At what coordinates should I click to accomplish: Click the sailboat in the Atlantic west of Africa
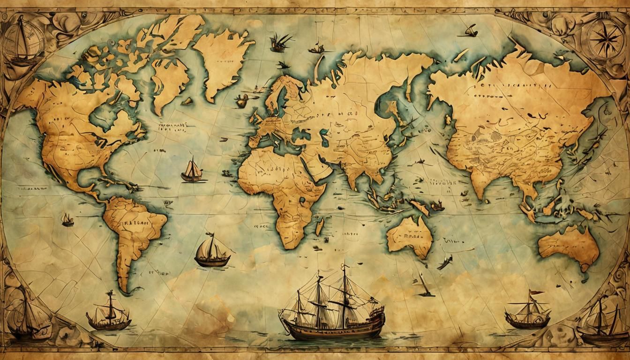tap(192, 171)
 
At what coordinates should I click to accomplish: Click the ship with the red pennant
tap(527, 312)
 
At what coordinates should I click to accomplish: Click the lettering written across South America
tap(133, 224)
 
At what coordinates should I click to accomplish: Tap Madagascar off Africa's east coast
tap(319, 227)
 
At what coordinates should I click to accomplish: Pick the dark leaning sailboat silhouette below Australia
tap(424, 286)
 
